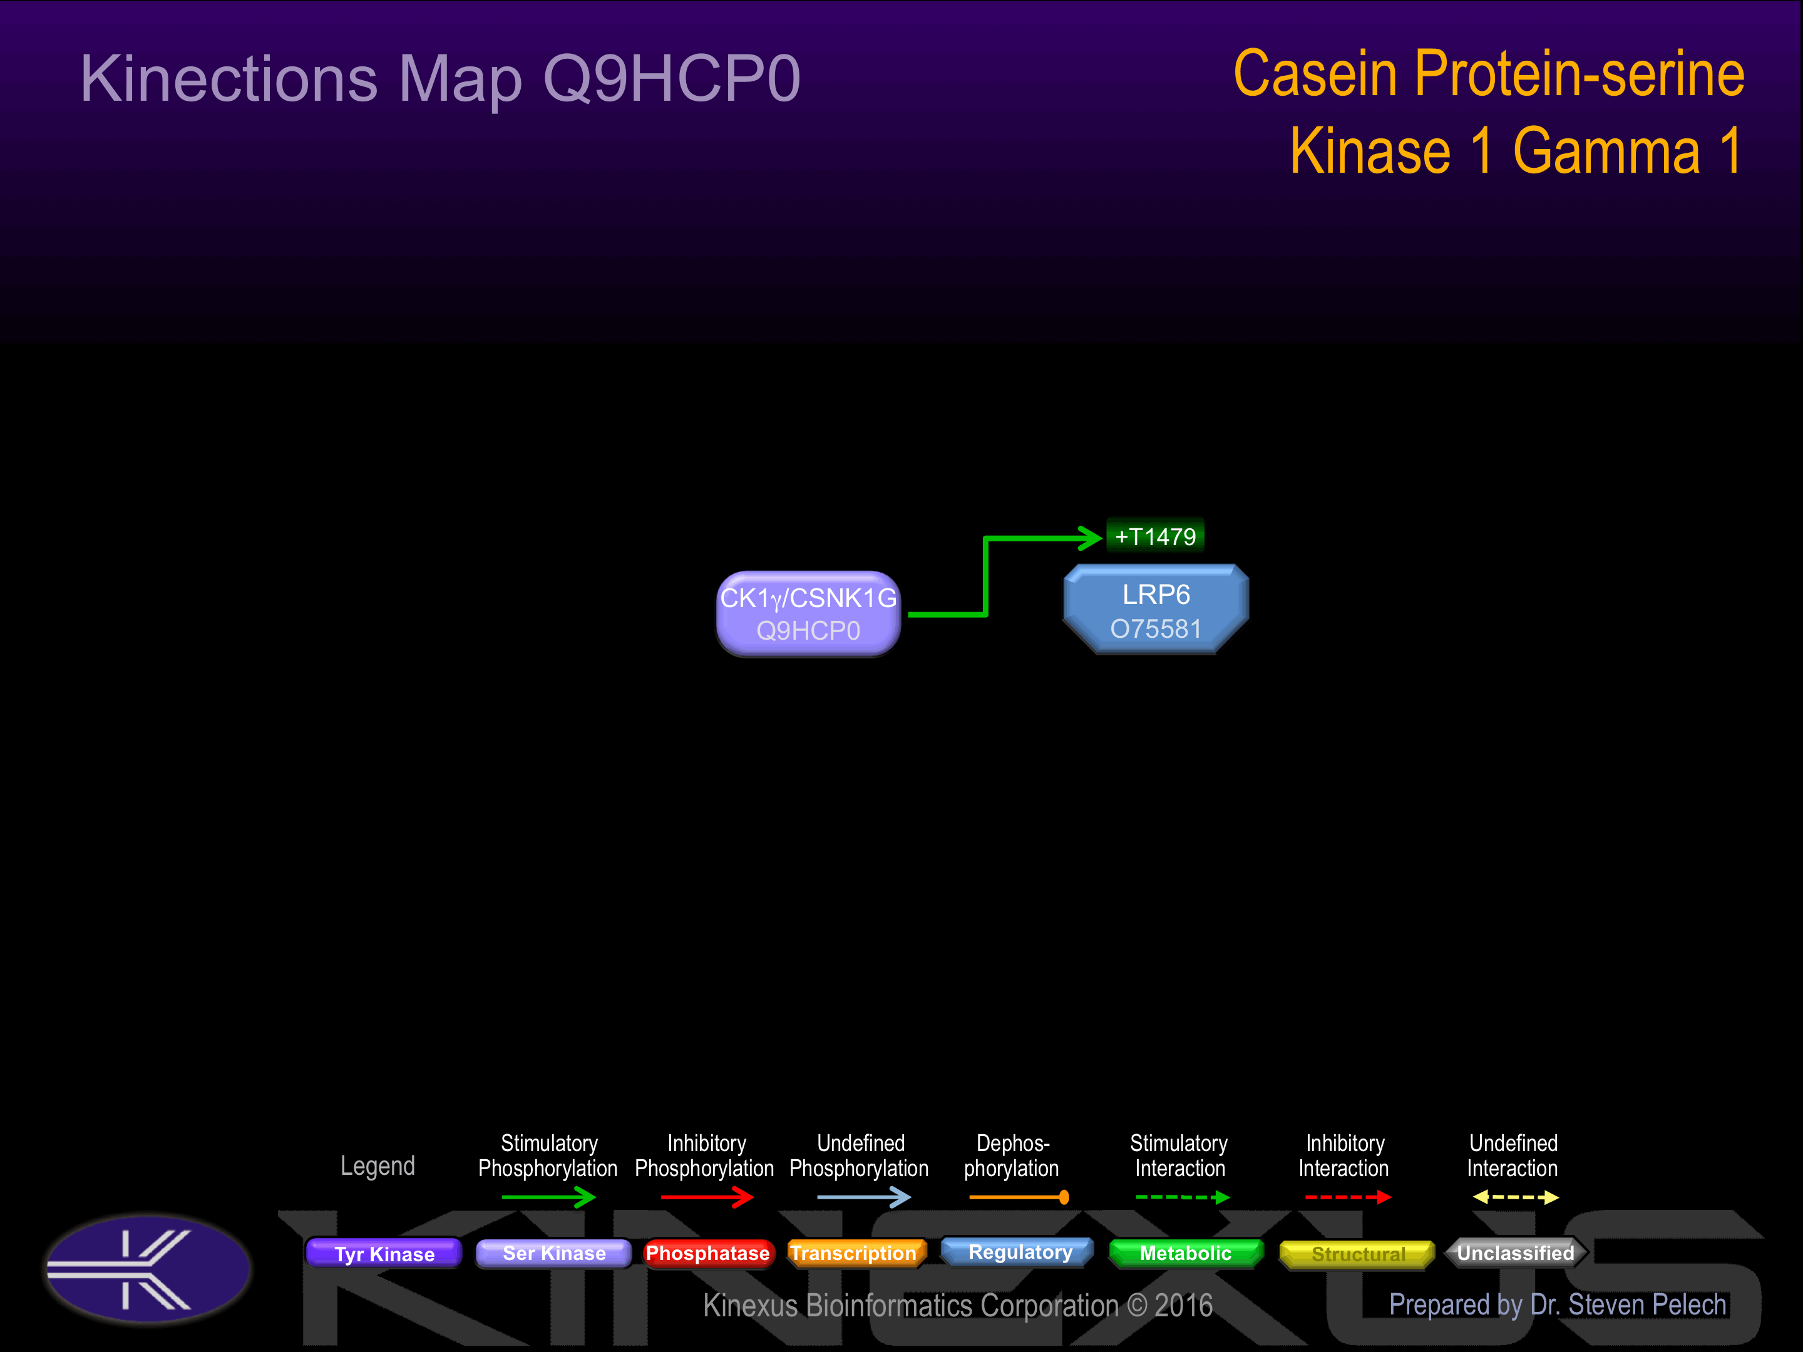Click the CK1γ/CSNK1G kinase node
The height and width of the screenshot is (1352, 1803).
click(808, 613)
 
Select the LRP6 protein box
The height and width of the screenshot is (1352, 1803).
click(1155, 610)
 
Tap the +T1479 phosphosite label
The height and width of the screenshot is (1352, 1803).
click(1155, 536)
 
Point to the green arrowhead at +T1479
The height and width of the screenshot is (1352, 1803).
click(1091, 537)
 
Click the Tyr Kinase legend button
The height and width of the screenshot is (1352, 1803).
click(384, 1253)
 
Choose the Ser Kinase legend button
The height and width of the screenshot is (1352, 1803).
click(553, 1253)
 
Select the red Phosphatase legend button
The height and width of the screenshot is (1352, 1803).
click(707, 1253)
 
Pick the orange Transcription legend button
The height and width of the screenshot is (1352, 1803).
click(855, 1253)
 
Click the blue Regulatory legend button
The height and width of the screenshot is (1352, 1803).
click(1019, 1252)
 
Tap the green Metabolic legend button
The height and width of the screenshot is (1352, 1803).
click(1185, 1253)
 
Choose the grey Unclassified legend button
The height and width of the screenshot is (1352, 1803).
click(1515, 1253)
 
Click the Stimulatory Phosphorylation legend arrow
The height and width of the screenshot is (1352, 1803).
click(548, 1197)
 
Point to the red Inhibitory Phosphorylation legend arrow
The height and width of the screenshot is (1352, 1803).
click(707, 1197)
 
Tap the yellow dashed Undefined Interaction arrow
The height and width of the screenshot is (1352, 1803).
click(1515, 1197)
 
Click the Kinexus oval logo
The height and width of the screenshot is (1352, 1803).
click(148, 1269)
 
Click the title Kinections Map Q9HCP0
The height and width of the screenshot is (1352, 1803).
click(440, 79)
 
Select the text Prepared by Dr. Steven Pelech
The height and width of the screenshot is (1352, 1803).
click(1557, 1304)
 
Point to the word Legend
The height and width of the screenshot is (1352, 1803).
click(378, 1166)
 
